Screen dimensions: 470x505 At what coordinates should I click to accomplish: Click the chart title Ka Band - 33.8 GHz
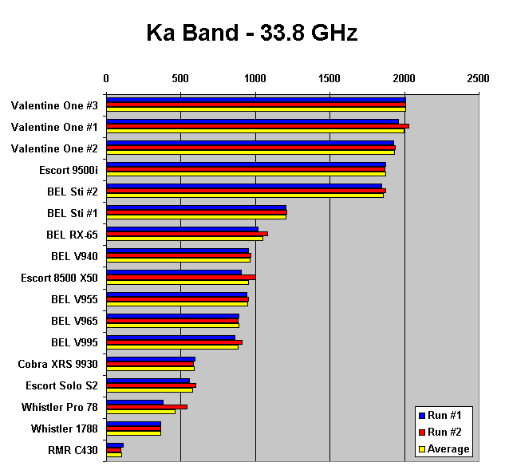pyautogui.click(x=251, y=33)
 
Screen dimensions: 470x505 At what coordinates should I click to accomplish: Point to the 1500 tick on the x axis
pyautogui.click(x=329, y=78)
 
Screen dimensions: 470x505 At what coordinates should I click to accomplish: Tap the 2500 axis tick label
pyautogui.click(x=478, y=78)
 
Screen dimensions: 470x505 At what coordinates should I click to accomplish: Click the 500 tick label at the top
pyautogui.click(x=180, y=78)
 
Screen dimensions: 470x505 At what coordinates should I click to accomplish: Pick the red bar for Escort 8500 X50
pyautogui.click(x=180, y=277)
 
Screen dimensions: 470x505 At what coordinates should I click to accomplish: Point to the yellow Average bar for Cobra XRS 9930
pyautogui.click(x=150, y=369)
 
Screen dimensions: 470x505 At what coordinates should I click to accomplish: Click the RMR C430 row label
pyautogui.click(x=73, y=450)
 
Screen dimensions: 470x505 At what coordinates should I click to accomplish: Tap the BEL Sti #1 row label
pyautogui.click(x=73, y=213)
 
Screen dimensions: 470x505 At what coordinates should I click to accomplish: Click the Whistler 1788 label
pyautogui.click(x=65, y=429)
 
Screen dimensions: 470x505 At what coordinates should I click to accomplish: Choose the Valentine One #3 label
pyautogui.click(x=54, y=105)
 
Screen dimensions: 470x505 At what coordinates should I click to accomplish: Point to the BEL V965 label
pyautogui.click(x=74, y=321)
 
